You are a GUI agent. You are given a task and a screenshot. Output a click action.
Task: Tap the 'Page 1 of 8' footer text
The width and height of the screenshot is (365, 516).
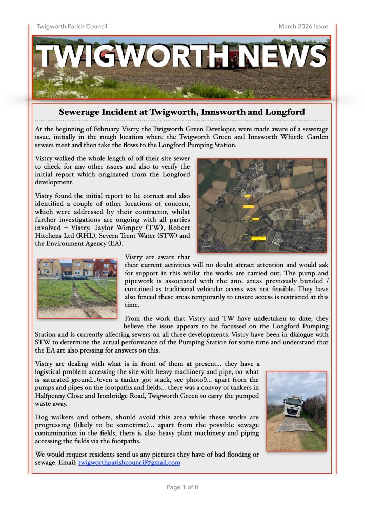182,487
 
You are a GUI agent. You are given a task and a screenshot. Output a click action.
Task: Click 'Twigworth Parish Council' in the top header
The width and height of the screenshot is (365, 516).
72,26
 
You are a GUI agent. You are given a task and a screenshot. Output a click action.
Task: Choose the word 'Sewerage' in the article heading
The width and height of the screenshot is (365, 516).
81,112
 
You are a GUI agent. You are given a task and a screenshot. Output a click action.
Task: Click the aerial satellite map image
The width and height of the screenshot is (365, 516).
261,205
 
